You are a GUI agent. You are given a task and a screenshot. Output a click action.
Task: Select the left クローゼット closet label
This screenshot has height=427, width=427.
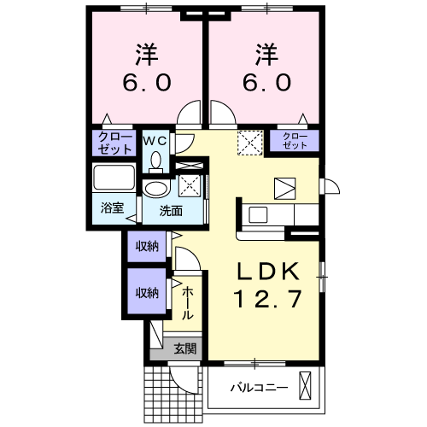pyautogui.click(x=114, y=142)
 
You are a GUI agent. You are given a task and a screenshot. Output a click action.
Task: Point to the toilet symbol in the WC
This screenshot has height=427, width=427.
pyautogui.click(x=155, y=161)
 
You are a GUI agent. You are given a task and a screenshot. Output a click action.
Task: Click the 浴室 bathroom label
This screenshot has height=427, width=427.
pyautogui.click(x=113, y=208)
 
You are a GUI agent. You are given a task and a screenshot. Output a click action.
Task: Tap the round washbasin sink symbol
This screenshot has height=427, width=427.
pyautogui.click(x=156, y=190)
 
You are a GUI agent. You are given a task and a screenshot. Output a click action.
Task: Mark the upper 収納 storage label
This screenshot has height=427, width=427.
pyautogui.click(x=145, y=247)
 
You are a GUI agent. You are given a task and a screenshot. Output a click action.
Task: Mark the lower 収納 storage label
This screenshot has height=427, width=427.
pyautogui.click(x=145, y=292)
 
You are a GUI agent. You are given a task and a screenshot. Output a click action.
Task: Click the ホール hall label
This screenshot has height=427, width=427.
pyautogui.click(x=187, y=303)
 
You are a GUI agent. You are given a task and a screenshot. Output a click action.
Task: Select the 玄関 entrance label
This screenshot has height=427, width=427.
pyautogui.click(x=185, y=348)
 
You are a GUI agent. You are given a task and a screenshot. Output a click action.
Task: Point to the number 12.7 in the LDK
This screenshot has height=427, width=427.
pyautogui.click(x=267, y=301)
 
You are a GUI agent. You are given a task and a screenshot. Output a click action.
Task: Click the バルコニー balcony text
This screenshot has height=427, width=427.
pyautogui.click(x=258, y=389)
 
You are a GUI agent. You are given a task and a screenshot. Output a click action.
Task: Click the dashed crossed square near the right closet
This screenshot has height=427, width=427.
pyautogui.click(x=249, y=140)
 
